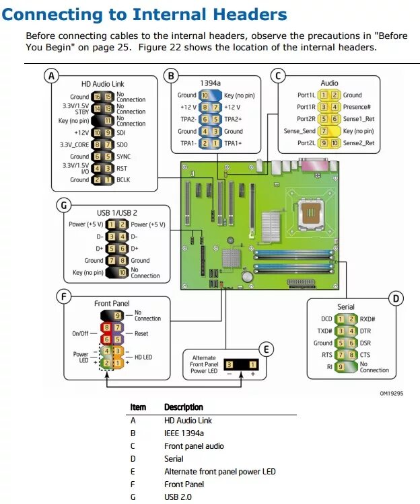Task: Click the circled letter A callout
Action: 50,76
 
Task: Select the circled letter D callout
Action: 396,298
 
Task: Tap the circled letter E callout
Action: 266,348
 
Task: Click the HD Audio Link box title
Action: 104,83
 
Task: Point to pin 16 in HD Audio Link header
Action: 97,97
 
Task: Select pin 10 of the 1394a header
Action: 205,95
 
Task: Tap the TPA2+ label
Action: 234,119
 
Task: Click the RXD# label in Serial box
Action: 368,319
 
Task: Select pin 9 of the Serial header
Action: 341,367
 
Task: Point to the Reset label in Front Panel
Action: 141,333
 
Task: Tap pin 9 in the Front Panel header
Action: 117,314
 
